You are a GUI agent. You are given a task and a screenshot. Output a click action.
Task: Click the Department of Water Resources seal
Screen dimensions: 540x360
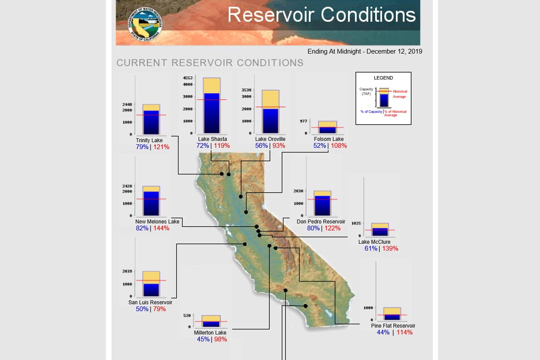pos(145,24)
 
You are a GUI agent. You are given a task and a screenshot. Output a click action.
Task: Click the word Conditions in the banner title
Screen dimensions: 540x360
pos(368,15)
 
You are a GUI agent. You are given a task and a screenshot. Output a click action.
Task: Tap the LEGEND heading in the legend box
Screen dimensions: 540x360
pos(383,78)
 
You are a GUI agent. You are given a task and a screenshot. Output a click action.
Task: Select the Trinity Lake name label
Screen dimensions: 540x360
pos(149,140)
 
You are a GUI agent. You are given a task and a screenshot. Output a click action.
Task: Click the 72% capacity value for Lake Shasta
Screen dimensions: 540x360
pos(202,146)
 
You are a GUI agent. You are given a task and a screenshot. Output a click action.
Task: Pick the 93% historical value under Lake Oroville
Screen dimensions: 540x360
pos(279,146)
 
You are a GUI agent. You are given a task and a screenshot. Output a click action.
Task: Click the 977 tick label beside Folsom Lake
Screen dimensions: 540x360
pos(304,121)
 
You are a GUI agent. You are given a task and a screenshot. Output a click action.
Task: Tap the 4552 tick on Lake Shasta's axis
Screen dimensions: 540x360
pos(188,78)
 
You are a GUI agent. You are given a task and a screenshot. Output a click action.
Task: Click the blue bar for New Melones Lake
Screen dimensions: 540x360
pos(151,204)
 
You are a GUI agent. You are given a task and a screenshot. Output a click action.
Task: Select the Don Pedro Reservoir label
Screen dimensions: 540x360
pos(321,221)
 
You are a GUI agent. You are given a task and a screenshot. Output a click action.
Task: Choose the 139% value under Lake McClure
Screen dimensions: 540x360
pos(390,248)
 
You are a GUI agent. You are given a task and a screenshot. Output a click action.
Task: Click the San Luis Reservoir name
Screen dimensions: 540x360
pos(150,303)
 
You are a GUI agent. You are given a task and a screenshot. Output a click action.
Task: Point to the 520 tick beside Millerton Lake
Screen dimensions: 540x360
pos(187,315)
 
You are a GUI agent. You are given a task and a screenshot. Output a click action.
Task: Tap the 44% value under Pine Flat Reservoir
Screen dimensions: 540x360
pos(383,332)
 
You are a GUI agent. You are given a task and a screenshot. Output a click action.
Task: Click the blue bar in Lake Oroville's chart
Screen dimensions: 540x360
pos(271,121)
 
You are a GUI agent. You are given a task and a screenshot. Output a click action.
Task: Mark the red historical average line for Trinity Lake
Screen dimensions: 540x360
pos(151,115)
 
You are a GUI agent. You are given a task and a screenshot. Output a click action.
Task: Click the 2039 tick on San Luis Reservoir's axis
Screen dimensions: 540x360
pos(127,271)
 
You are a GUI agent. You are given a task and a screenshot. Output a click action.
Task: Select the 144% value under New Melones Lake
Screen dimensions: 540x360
pos(161,228)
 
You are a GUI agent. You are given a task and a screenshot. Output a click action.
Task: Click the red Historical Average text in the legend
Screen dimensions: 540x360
pos(399,94)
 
